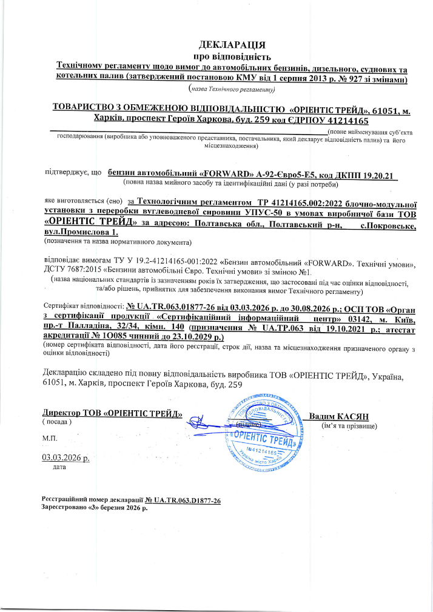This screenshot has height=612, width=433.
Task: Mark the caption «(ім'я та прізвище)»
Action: click(349, 426)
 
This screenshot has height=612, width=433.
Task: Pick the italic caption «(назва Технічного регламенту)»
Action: click(232, 90)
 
